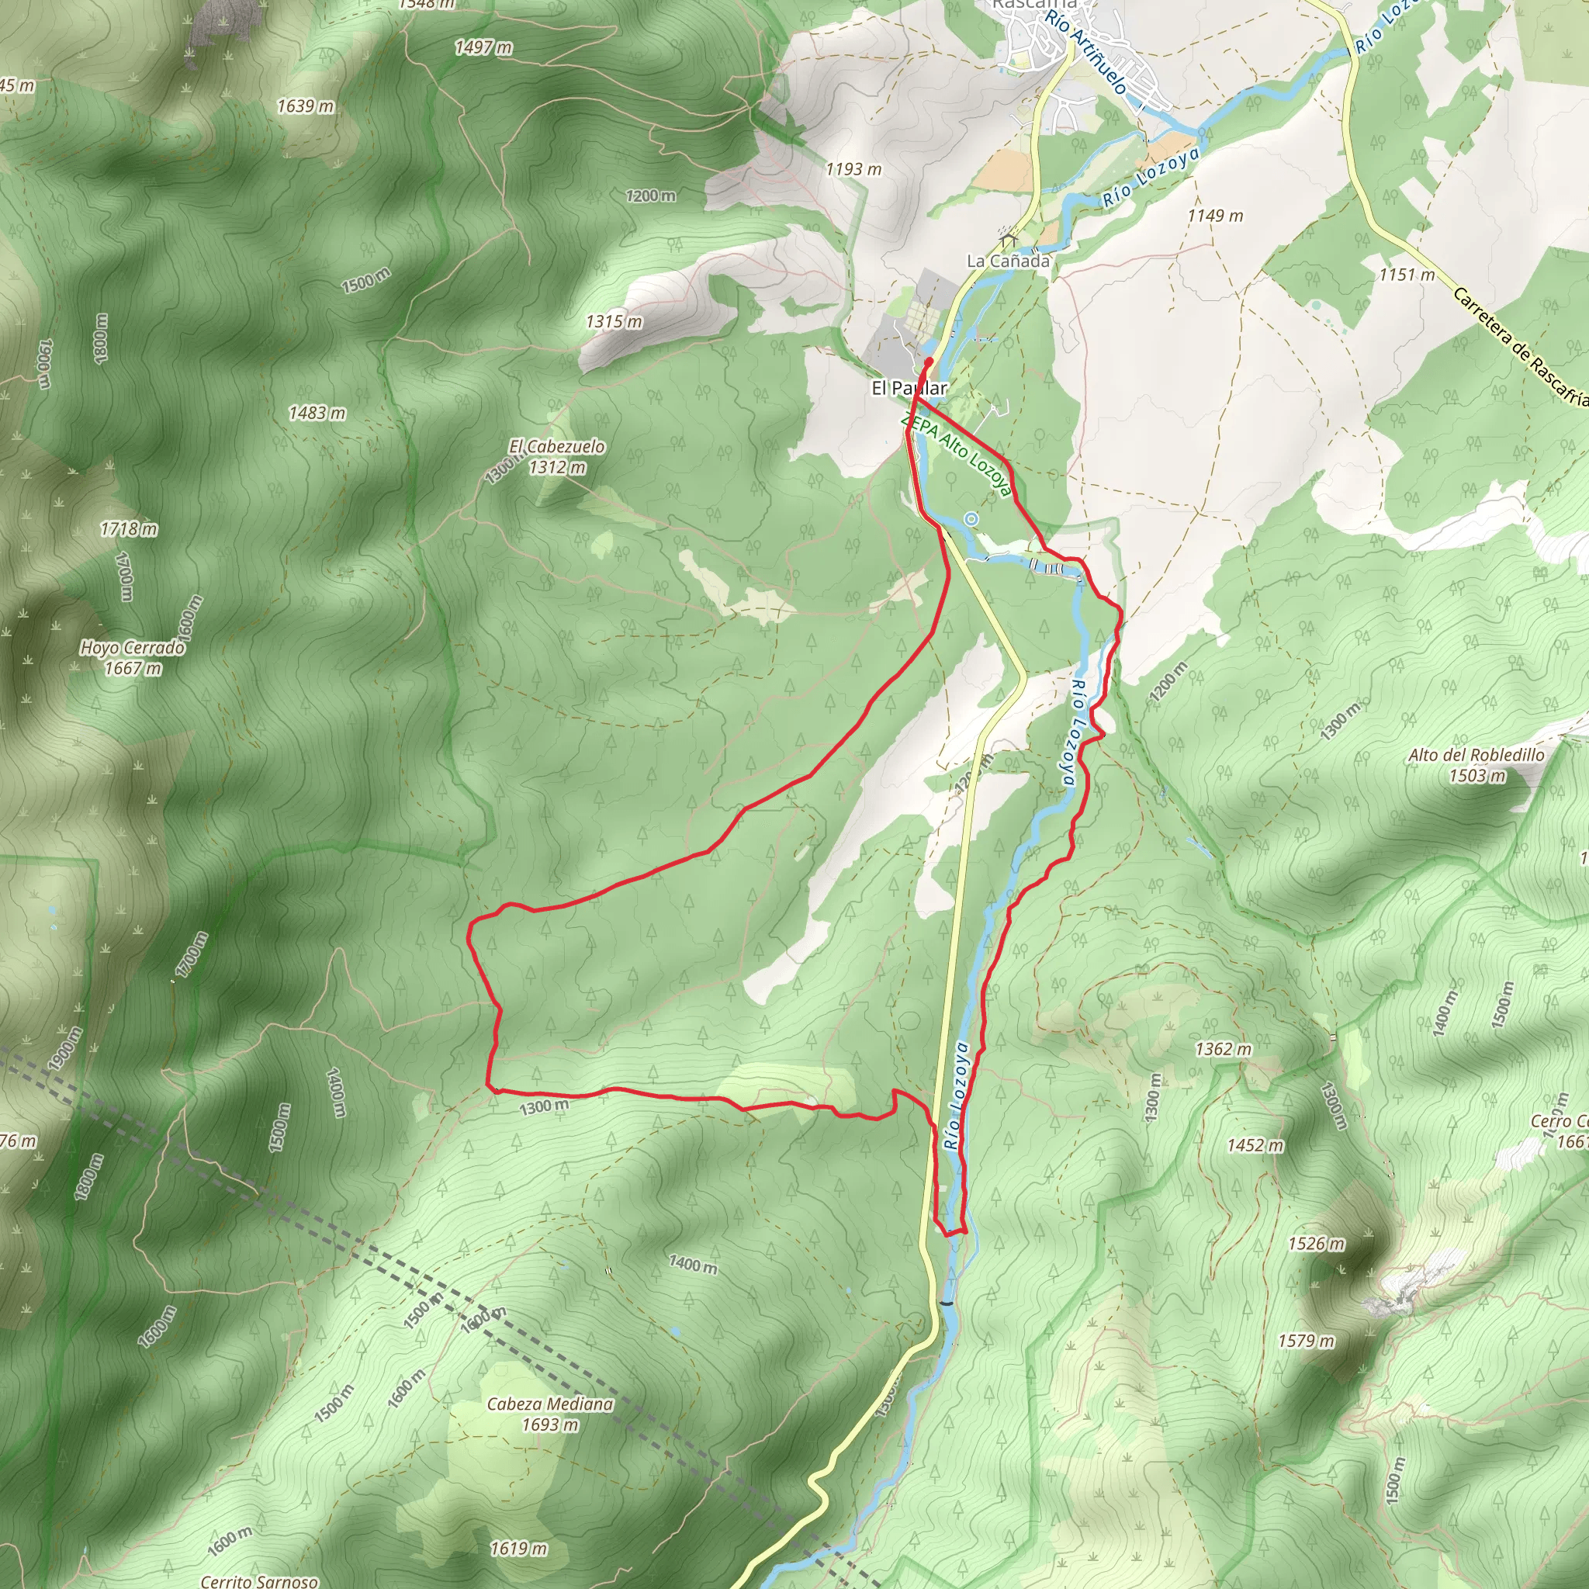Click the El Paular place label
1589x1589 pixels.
point(909,387)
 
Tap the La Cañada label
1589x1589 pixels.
point(1008,261)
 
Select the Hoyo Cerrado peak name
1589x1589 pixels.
point(133,647)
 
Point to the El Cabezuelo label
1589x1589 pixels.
point(557,446)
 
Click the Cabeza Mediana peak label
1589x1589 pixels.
point(549,1403)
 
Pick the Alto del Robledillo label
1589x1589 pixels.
point(1476,754)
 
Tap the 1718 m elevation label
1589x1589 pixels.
point(128,529)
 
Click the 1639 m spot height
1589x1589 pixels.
point(305,106)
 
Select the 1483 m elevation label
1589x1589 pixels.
point(317,413)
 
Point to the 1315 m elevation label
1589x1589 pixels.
point(614,321)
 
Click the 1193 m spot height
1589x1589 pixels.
point(853,169)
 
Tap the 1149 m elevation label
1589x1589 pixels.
point(1215,216)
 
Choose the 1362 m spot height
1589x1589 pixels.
point(1223,1049)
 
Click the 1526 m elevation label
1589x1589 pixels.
point(1316,1244)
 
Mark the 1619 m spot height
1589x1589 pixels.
point(518,1549)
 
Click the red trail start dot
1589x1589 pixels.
point(929,362)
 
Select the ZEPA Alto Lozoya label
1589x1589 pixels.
point(956,453)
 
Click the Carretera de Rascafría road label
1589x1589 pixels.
point(1520,346)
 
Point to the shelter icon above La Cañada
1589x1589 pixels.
point(1009,238)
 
